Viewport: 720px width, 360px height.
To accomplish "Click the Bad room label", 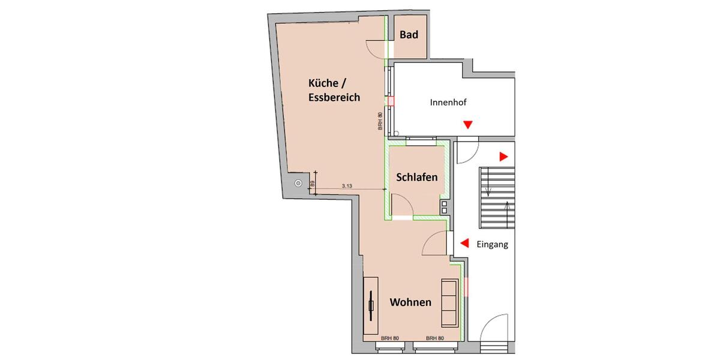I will point(409,35).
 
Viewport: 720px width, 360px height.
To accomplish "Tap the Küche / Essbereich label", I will point(334,89).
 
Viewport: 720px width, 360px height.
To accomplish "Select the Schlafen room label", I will point(416,178).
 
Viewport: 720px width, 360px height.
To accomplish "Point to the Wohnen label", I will point(410,302).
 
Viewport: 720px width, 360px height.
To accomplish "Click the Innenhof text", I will point(448,103).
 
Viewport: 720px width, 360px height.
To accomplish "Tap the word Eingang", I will point(492,244).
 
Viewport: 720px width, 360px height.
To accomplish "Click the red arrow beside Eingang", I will point(464,243).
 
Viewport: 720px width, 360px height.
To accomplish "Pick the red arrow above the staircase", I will point(503,157).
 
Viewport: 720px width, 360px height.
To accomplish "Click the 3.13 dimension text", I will point(347,187).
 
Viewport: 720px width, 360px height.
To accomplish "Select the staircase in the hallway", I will point(497,199).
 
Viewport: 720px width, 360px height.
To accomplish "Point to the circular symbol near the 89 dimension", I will point(298,184).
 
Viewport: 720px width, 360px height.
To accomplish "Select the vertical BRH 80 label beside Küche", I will point(380,122).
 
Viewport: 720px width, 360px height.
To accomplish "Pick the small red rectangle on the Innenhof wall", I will point(391,102).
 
